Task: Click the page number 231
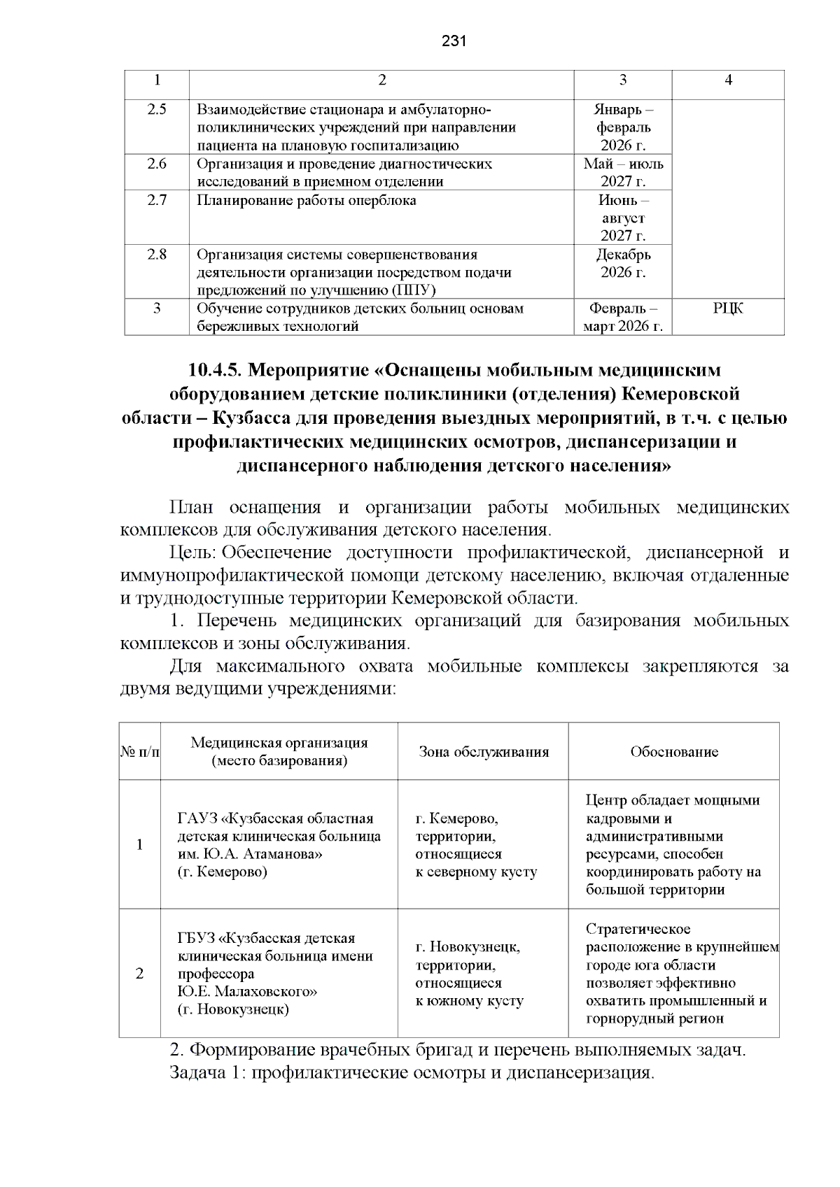click(x=454, y=41)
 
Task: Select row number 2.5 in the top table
click(x=157, y=109)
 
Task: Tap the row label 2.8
click(x=157, y=255)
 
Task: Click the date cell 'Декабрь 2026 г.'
click(x=623, y=263)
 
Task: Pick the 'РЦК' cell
click(x=728, y=308)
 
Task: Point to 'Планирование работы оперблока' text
click(x=306, y=200)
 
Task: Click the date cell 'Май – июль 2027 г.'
click(x=623, y=172)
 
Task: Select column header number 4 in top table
click(x=728, y=80)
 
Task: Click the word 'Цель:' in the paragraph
click(x=193, y=553)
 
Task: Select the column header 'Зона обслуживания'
click(x=483, y=752)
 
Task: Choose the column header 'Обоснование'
click(x=673, y=752)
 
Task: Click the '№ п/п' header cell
click(x=139, y=752)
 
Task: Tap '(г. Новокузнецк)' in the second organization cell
click(x=233, y=1009)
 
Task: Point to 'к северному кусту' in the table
click(x=476, y=872)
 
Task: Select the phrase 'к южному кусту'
click(x=469, y=1001)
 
